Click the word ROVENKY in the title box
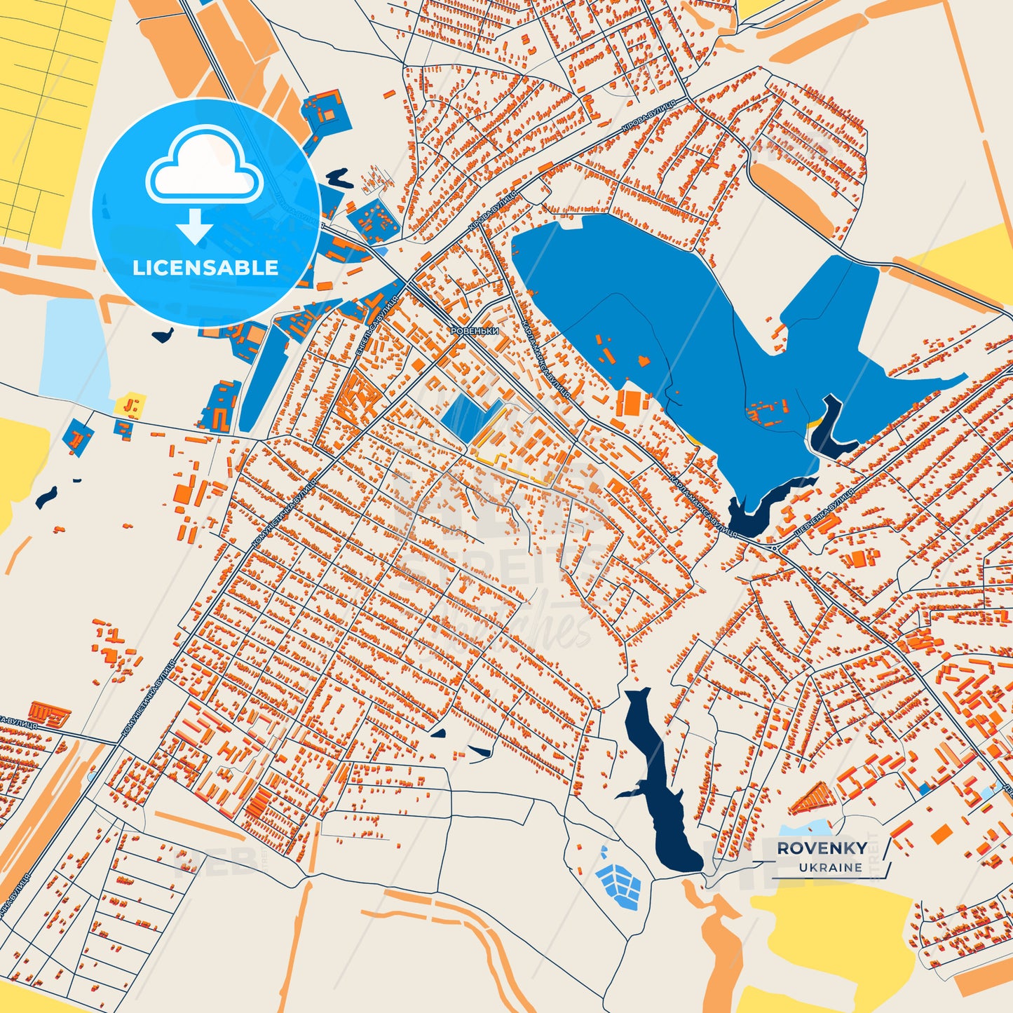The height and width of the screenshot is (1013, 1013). tap(821, 848)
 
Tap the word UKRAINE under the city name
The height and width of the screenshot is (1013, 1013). tap(830, 867)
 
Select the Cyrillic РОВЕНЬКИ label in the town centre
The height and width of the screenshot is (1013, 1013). tap(474, 331)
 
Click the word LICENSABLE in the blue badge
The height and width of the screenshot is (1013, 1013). tap(205, 268)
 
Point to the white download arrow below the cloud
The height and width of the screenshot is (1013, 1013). tap(195, 226)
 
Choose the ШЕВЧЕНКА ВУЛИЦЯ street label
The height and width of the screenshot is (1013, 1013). tap(824, 513)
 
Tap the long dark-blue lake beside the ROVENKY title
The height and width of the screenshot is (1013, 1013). tap(662, 785)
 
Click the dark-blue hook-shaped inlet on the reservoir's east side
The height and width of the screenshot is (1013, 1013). tap(831, 428)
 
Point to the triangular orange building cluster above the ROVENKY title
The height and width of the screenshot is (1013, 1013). tap(813, 798)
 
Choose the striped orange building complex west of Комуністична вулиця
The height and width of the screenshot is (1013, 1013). tap(49, 714)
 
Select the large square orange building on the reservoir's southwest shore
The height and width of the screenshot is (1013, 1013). tap(632, 404)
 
